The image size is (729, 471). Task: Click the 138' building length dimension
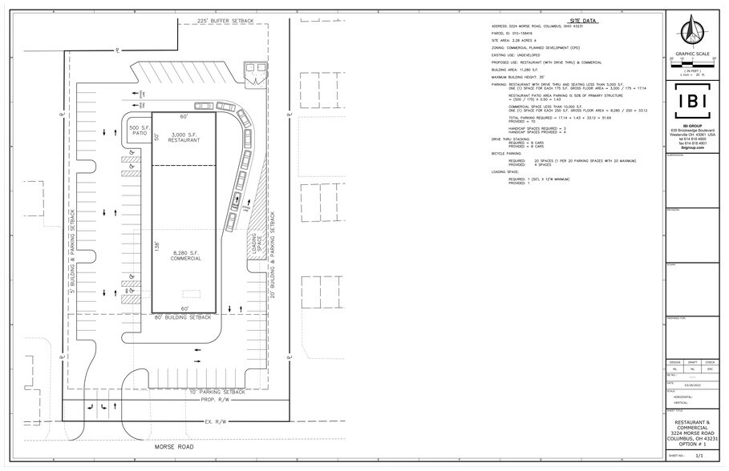click(x=157, y=247)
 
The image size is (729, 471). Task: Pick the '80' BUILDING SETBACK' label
click(x=184, y=317)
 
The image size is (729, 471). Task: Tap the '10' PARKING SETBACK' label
click(x=226, y=392)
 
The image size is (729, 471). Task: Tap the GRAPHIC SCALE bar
click(x=691, y=64)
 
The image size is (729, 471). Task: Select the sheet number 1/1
click(x=699, y=455)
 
